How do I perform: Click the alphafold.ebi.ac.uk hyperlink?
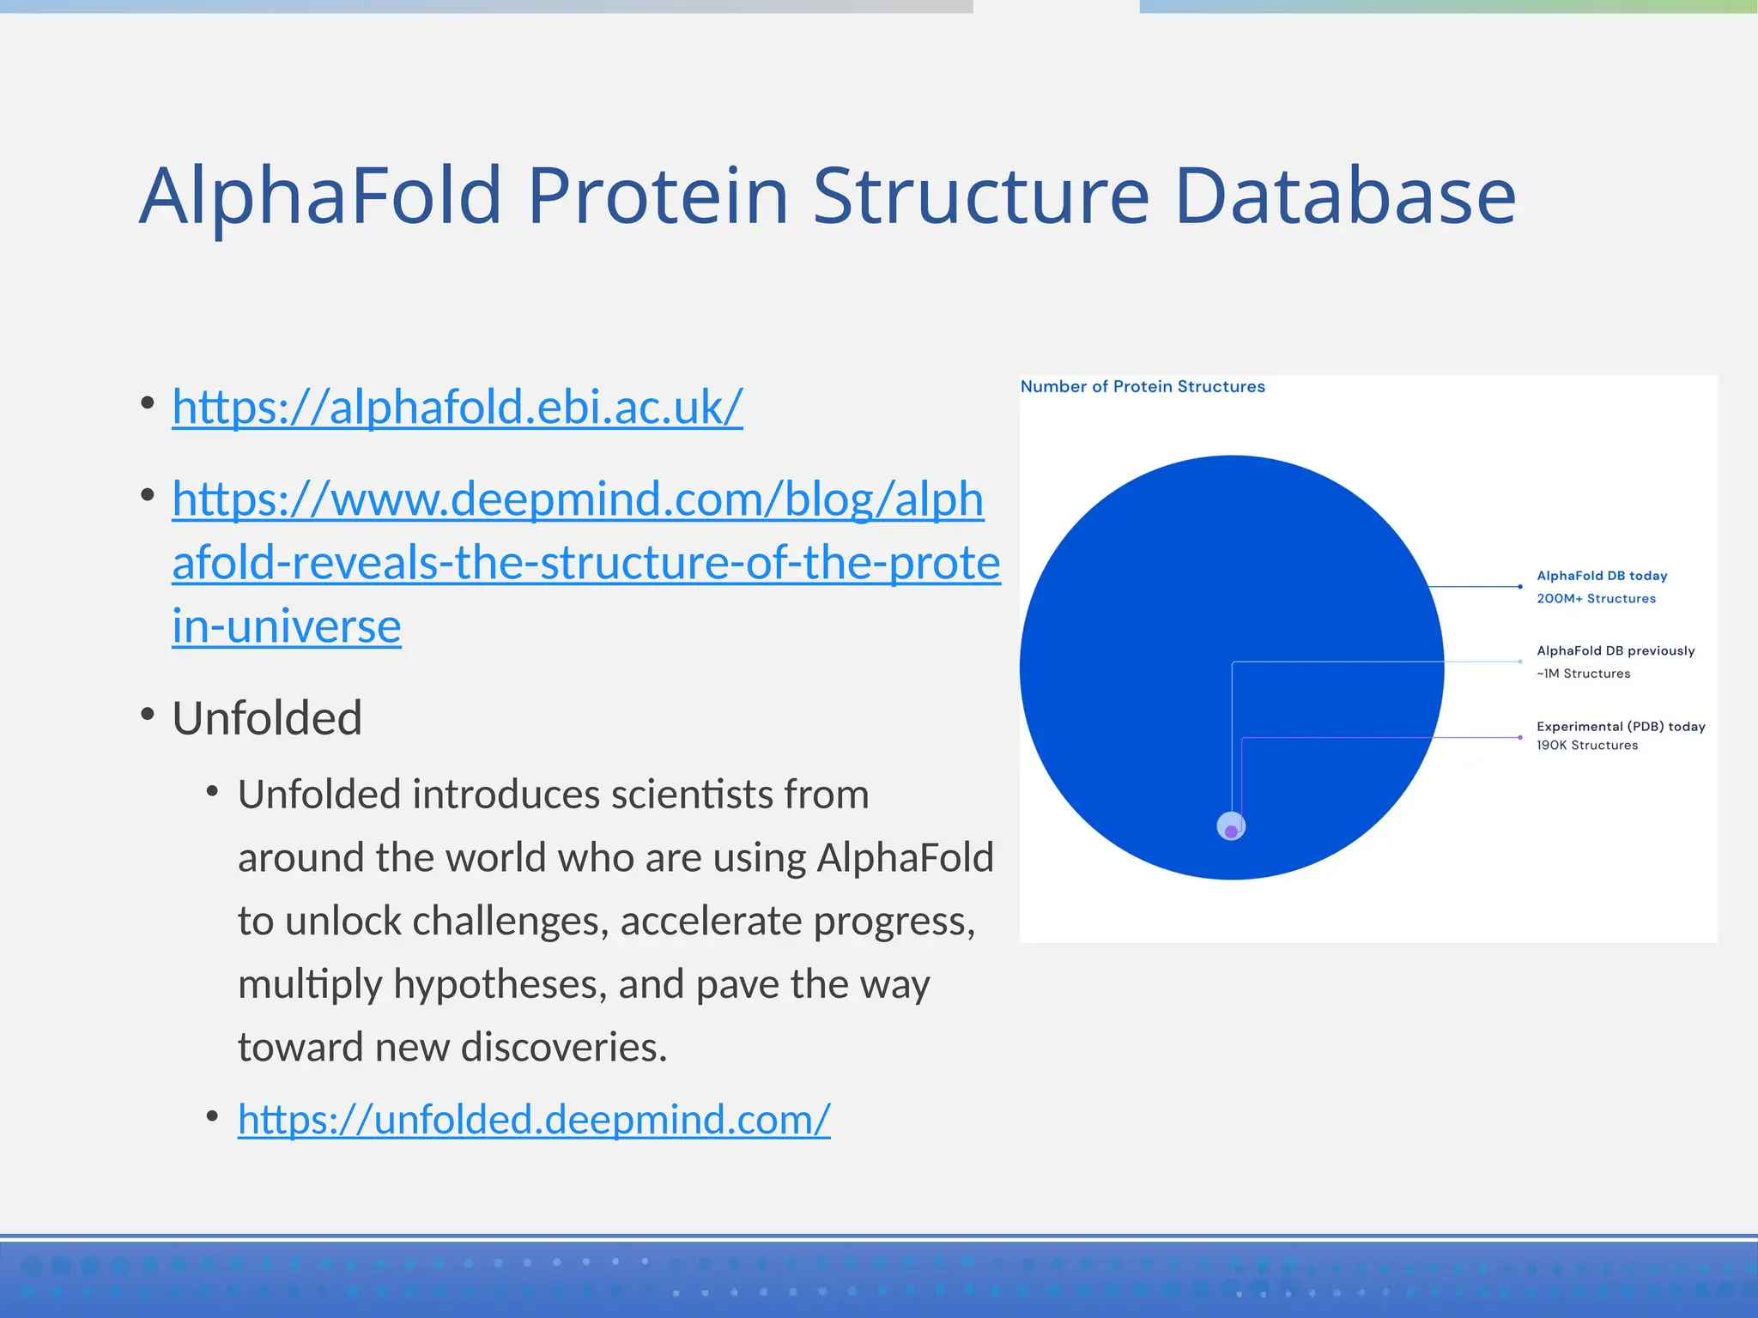[x=457, y=407]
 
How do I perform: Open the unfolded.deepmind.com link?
[x=534, y=1119]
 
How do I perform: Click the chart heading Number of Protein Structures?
[x=1142, y=387]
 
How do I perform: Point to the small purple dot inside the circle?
[x=1231, y=831]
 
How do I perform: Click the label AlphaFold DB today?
[x=1601, y=576]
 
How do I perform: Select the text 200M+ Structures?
[x=1596, y=599]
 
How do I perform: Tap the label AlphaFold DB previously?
[x=1615, y=651]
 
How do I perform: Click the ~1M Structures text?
[x=1583, y=674]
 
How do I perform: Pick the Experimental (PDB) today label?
[x=1620, y=727]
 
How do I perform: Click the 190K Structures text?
[x=1586, y=746]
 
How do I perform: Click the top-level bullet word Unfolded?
[x=267, y=718]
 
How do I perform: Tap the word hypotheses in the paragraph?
[x=500, y=984]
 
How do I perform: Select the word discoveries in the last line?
[x=563, y=1048]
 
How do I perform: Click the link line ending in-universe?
[x=286, y=626]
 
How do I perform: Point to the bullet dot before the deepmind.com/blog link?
[x=148, y=495]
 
